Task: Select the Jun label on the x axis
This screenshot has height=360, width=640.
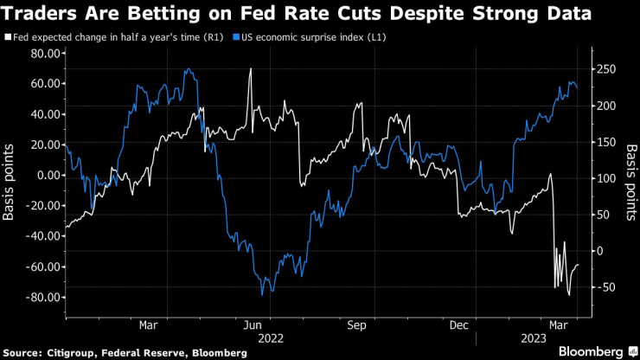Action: (253, 325)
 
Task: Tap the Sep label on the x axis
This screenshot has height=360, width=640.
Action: (356, 325)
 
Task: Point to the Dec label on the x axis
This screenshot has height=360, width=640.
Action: (460, 325)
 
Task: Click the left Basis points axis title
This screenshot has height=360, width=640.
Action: (10, 176)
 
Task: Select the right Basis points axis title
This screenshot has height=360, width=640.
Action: (630, 176)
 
